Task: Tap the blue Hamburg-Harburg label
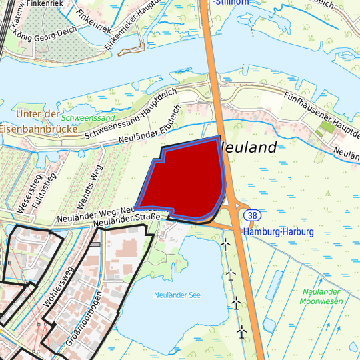click(278, 232)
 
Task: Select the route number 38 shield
click(252, 215)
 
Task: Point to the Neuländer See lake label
click(176, 295)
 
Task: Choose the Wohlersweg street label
click(57, 287)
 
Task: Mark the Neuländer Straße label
click(128, 218)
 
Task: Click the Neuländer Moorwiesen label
click(321, 297)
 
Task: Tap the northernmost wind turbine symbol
click(225, 245)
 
